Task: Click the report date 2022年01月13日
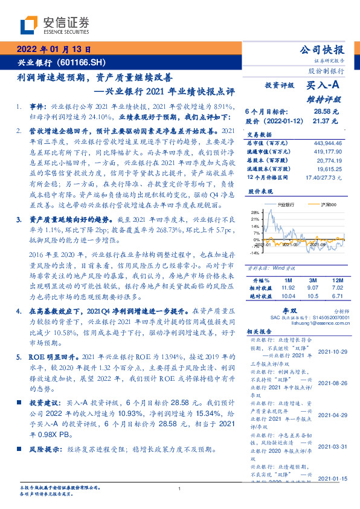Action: tap(53, 50)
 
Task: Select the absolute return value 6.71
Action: tap(337, 296)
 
